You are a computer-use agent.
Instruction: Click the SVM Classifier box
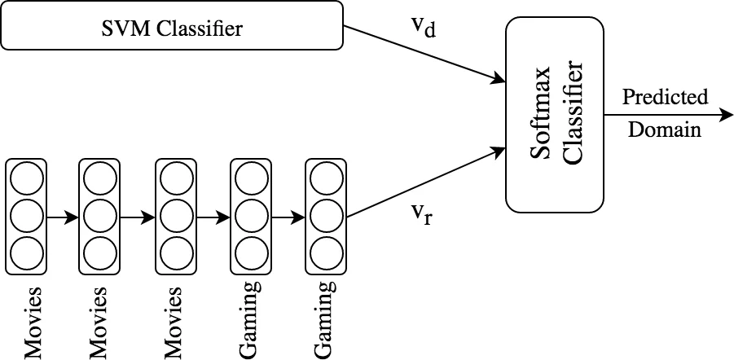(173, 29)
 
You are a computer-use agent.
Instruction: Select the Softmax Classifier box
(554, 114)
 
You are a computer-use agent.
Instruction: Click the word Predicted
(665, 97)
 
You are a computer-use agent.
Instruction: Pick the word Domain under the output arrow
(665, 129)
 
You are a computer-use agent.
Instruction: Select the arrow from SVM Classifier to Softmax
(424, 54)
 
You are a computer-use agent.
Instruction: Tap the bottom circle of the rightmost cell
(325, 252)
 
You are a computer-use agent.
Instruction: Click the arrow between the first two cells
(62, 217)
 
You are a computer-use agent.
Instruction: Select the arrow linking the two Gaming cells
(288, 217)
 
